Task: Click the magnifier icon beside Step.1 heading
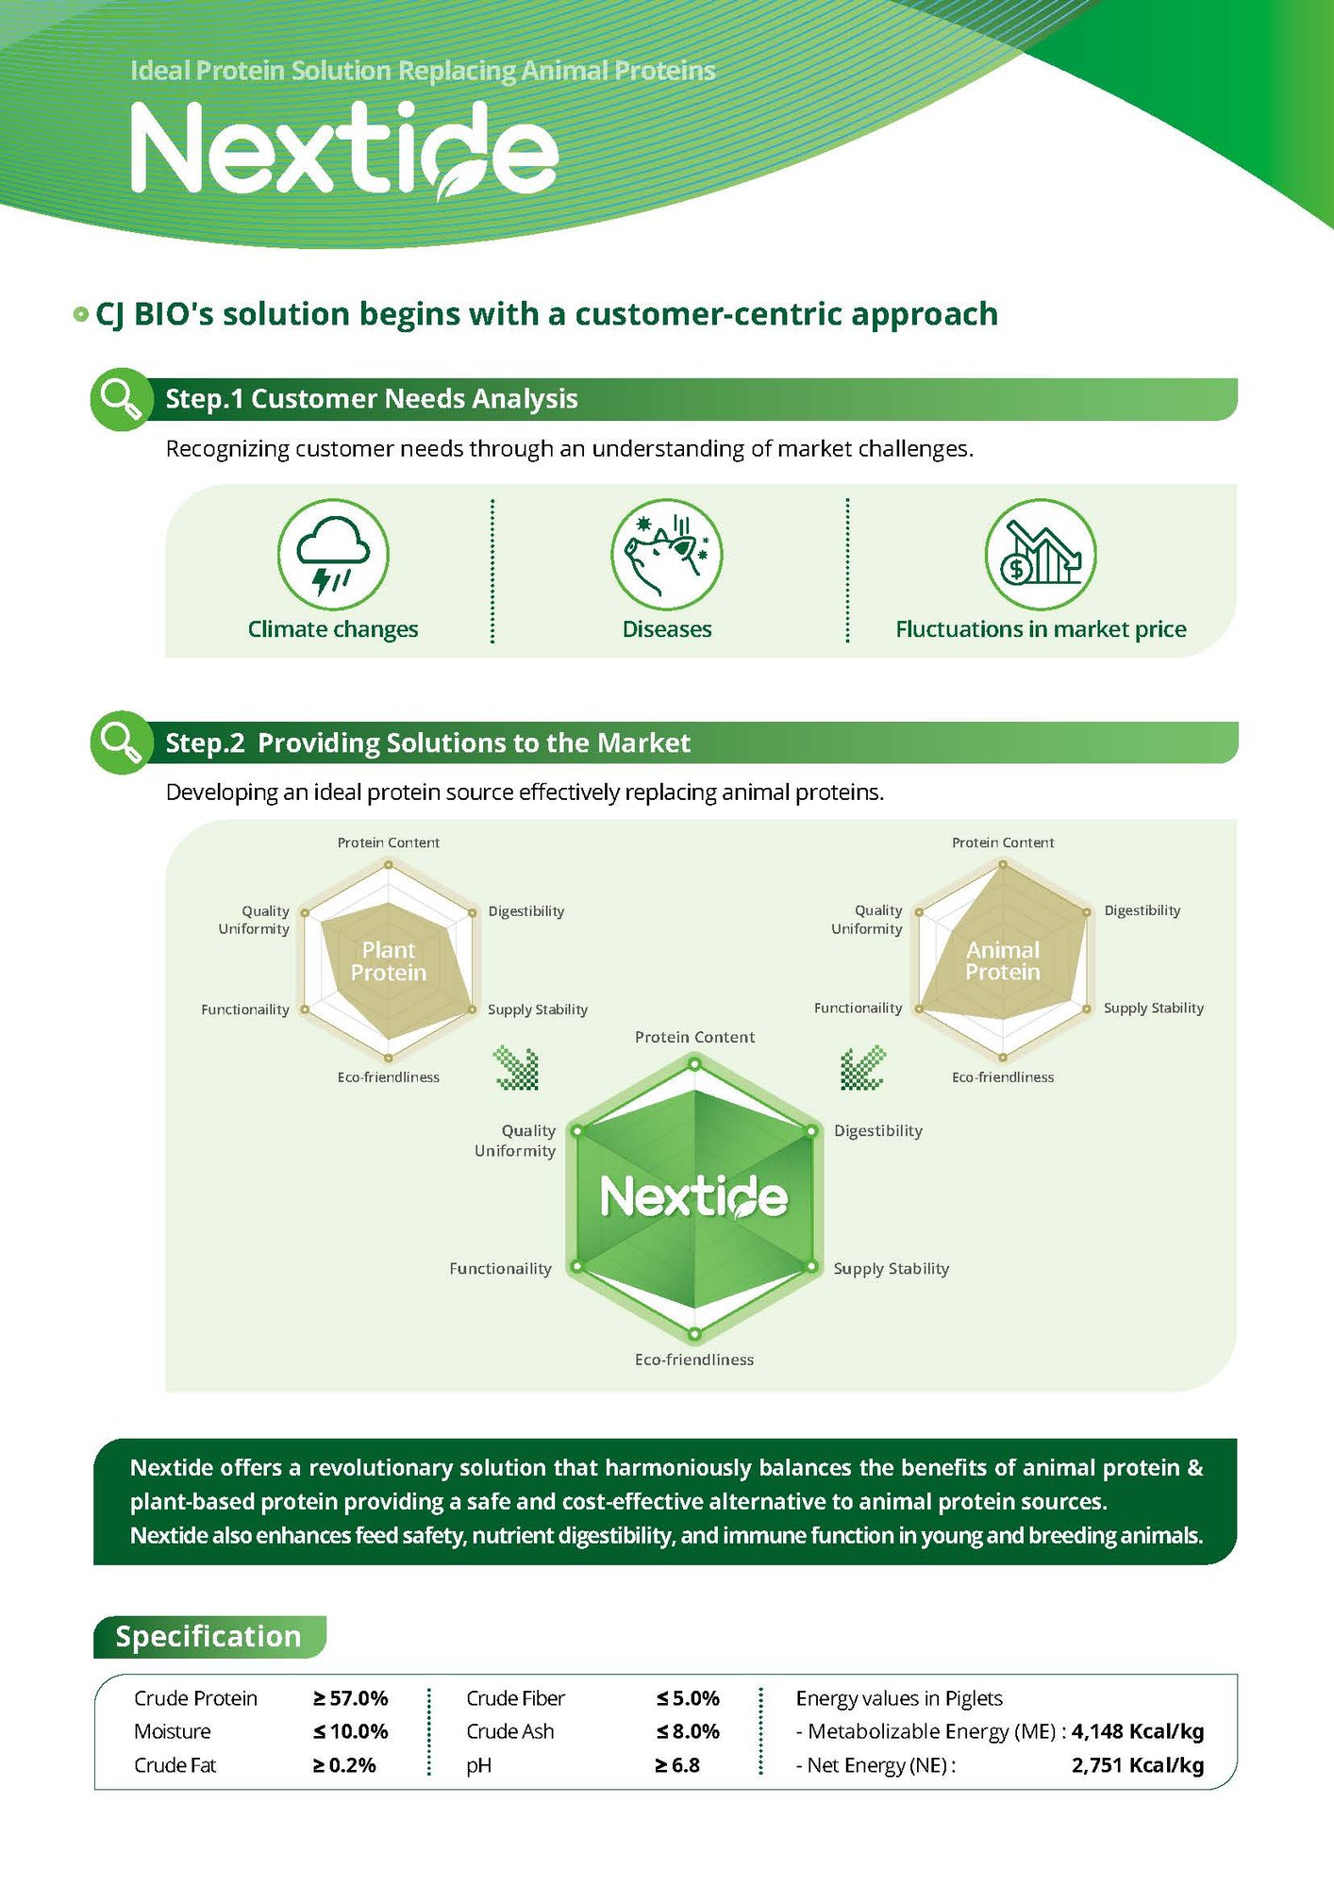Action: [121, 399]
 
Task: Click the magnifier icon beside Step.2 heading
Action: [121, 743]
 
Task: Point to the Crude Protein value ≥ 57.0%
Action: [351, 1698]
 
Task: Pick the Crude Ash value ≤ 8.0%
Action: [688, 1731]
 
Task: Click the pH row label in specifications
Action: [478, 1765]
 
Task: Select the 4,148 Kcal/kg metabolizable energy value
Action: [1137, 1731]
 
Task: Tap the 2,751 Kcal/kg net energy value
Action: [1137, 1765]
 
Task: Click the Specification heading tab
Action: [208, 1636]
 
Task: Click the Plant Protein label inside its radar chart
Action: [389, 961]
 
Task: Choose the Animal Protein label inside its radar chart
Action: [1002, 960]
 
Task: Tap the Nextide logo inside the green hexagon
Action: [693, 1196]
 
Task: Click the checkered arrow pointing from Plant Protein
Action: [517, 1068]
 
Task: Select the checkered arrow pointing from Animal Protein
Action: [862, 1068]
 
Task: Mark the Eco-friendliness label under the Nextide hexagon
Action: [693, 1360]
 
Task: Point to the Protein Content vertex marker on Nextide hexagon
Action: [694, 1064]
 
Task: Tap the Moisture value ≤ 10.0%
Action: [351, 1731]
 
